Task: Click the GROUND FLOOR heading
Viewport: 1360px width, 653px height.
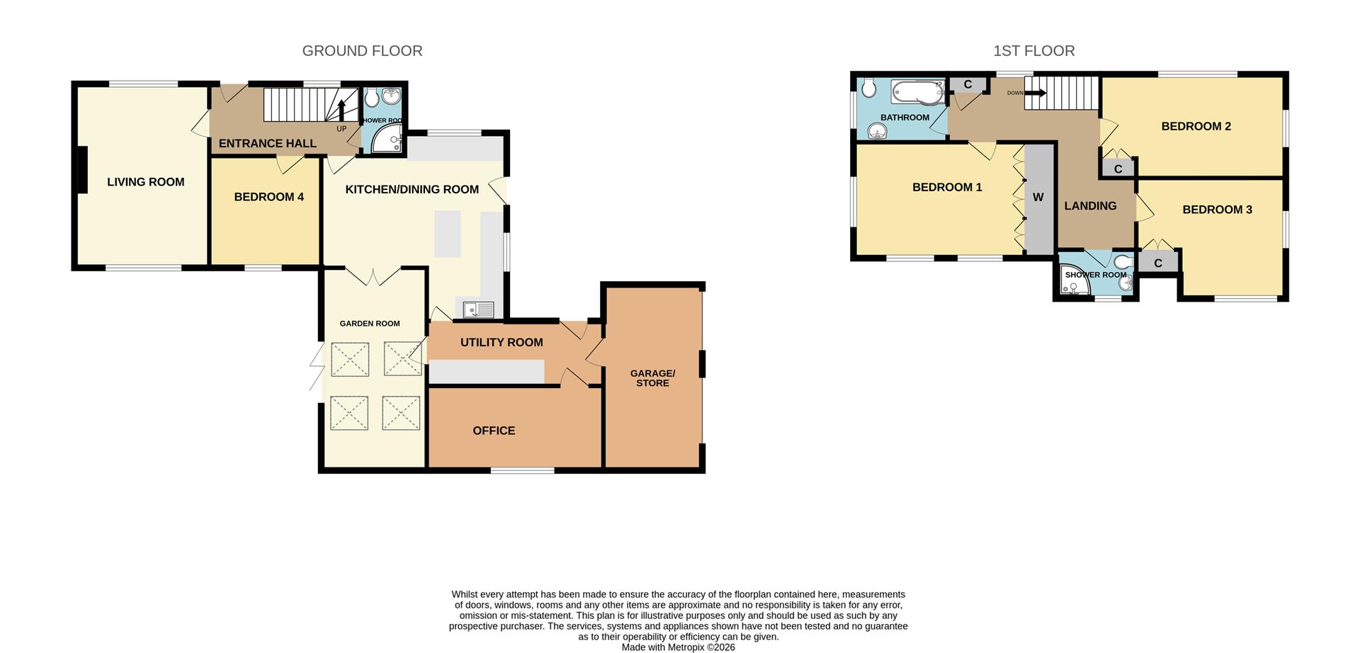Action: (362, 51)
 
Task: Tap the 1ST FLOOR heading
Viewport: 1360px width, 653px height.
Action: (1033, 51)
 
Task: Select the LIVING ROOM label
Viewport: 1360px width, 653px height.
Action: (146, 182)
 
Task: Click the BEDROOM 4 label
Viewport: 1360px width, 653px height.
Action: (268, 197)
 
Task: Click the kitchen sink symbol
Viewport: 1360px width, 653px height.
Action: (479, 310)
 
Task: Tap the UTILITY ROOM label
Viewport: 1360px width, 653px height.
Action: (501, 342)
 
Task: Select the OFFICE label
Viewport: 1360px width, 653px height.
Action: (494, 431)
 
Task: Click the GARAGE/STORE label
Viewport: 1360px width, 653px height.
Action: (652, 377)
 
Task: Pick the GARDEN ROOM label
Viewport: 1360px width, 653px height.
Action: (370, 324)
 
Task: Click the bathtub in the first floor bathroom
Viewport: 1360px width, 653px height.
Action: (917, 93)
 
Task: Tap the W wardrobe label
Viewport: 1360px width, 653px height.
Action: (1038, 198)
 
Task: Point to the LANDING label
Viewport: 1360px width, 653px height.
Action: (1090, 206)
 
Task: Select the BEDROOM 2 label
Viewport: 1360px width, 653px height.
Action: (1196, 127)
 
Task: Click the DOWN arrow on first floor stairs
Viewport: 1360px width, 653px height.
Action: (1035, 93)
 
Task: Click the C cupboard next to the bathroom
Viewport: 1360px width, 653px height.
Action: (968, 85)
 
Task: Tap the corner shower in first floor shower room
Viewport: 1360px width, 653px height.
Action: (1075, 285)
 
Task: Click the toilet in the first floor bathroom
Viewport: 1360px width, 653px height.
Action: (869, 89)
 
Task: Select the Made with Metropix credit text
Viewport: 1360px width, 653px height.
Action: (678, 647)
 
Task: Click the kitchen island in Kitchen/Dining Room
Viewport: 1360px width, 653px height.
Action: (448, 233)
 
